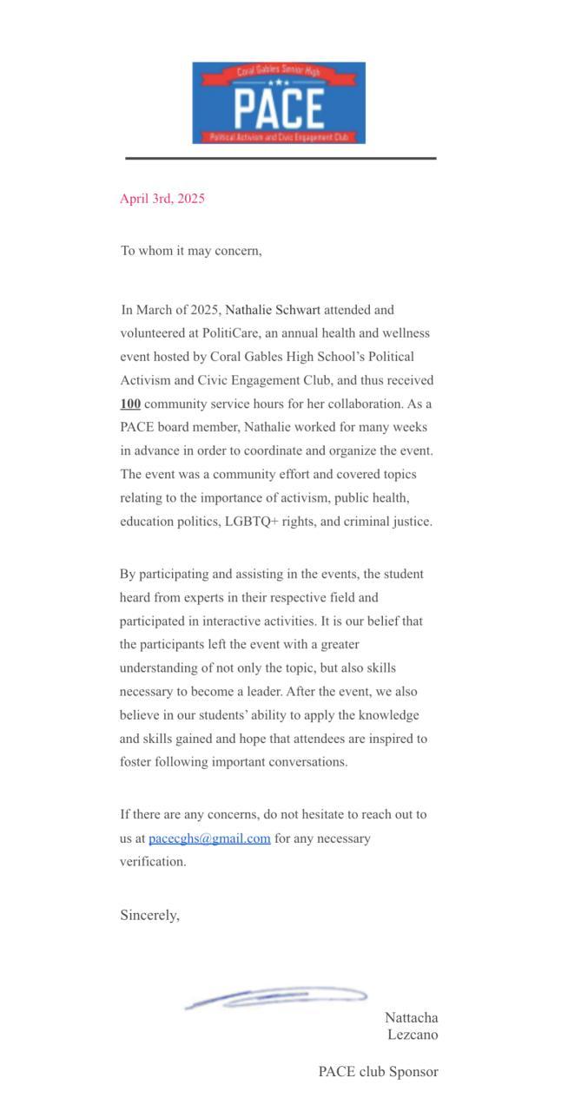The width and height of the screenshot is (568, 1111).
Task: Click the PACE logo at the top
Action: [279, 102]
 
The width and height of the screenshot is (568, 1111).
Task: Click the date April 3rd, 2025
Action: [162, 199]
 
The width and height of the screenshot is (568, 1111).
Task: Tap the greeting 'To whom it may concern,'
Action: [191, 251]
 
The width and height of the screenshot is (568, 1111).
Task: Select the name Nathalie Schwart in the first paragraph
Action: [273, 310]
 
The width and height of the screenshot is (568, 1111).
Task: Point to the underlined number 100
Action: [130, 404]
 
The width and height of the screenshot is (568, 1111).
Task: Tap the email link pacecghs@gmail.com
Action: [209, 838]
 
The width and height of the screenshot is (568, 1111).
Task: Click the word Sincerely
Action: [149, 915]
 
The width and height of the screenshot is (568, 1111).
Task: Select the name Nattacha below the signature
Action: [412, 1017]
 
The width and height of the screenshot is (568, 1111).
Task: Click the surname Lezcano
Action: [413, 1035]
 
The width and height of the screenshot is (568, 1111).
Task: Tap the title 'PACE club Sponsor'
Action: [378, 1072]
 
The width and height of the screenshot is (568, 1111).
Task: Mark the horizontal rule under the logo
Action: [281, 158]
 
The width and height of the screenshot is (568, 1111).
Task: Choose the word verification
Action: [153, 862]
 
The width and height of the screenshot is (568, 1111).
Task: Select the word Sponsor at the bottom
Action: [413, 1072]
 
